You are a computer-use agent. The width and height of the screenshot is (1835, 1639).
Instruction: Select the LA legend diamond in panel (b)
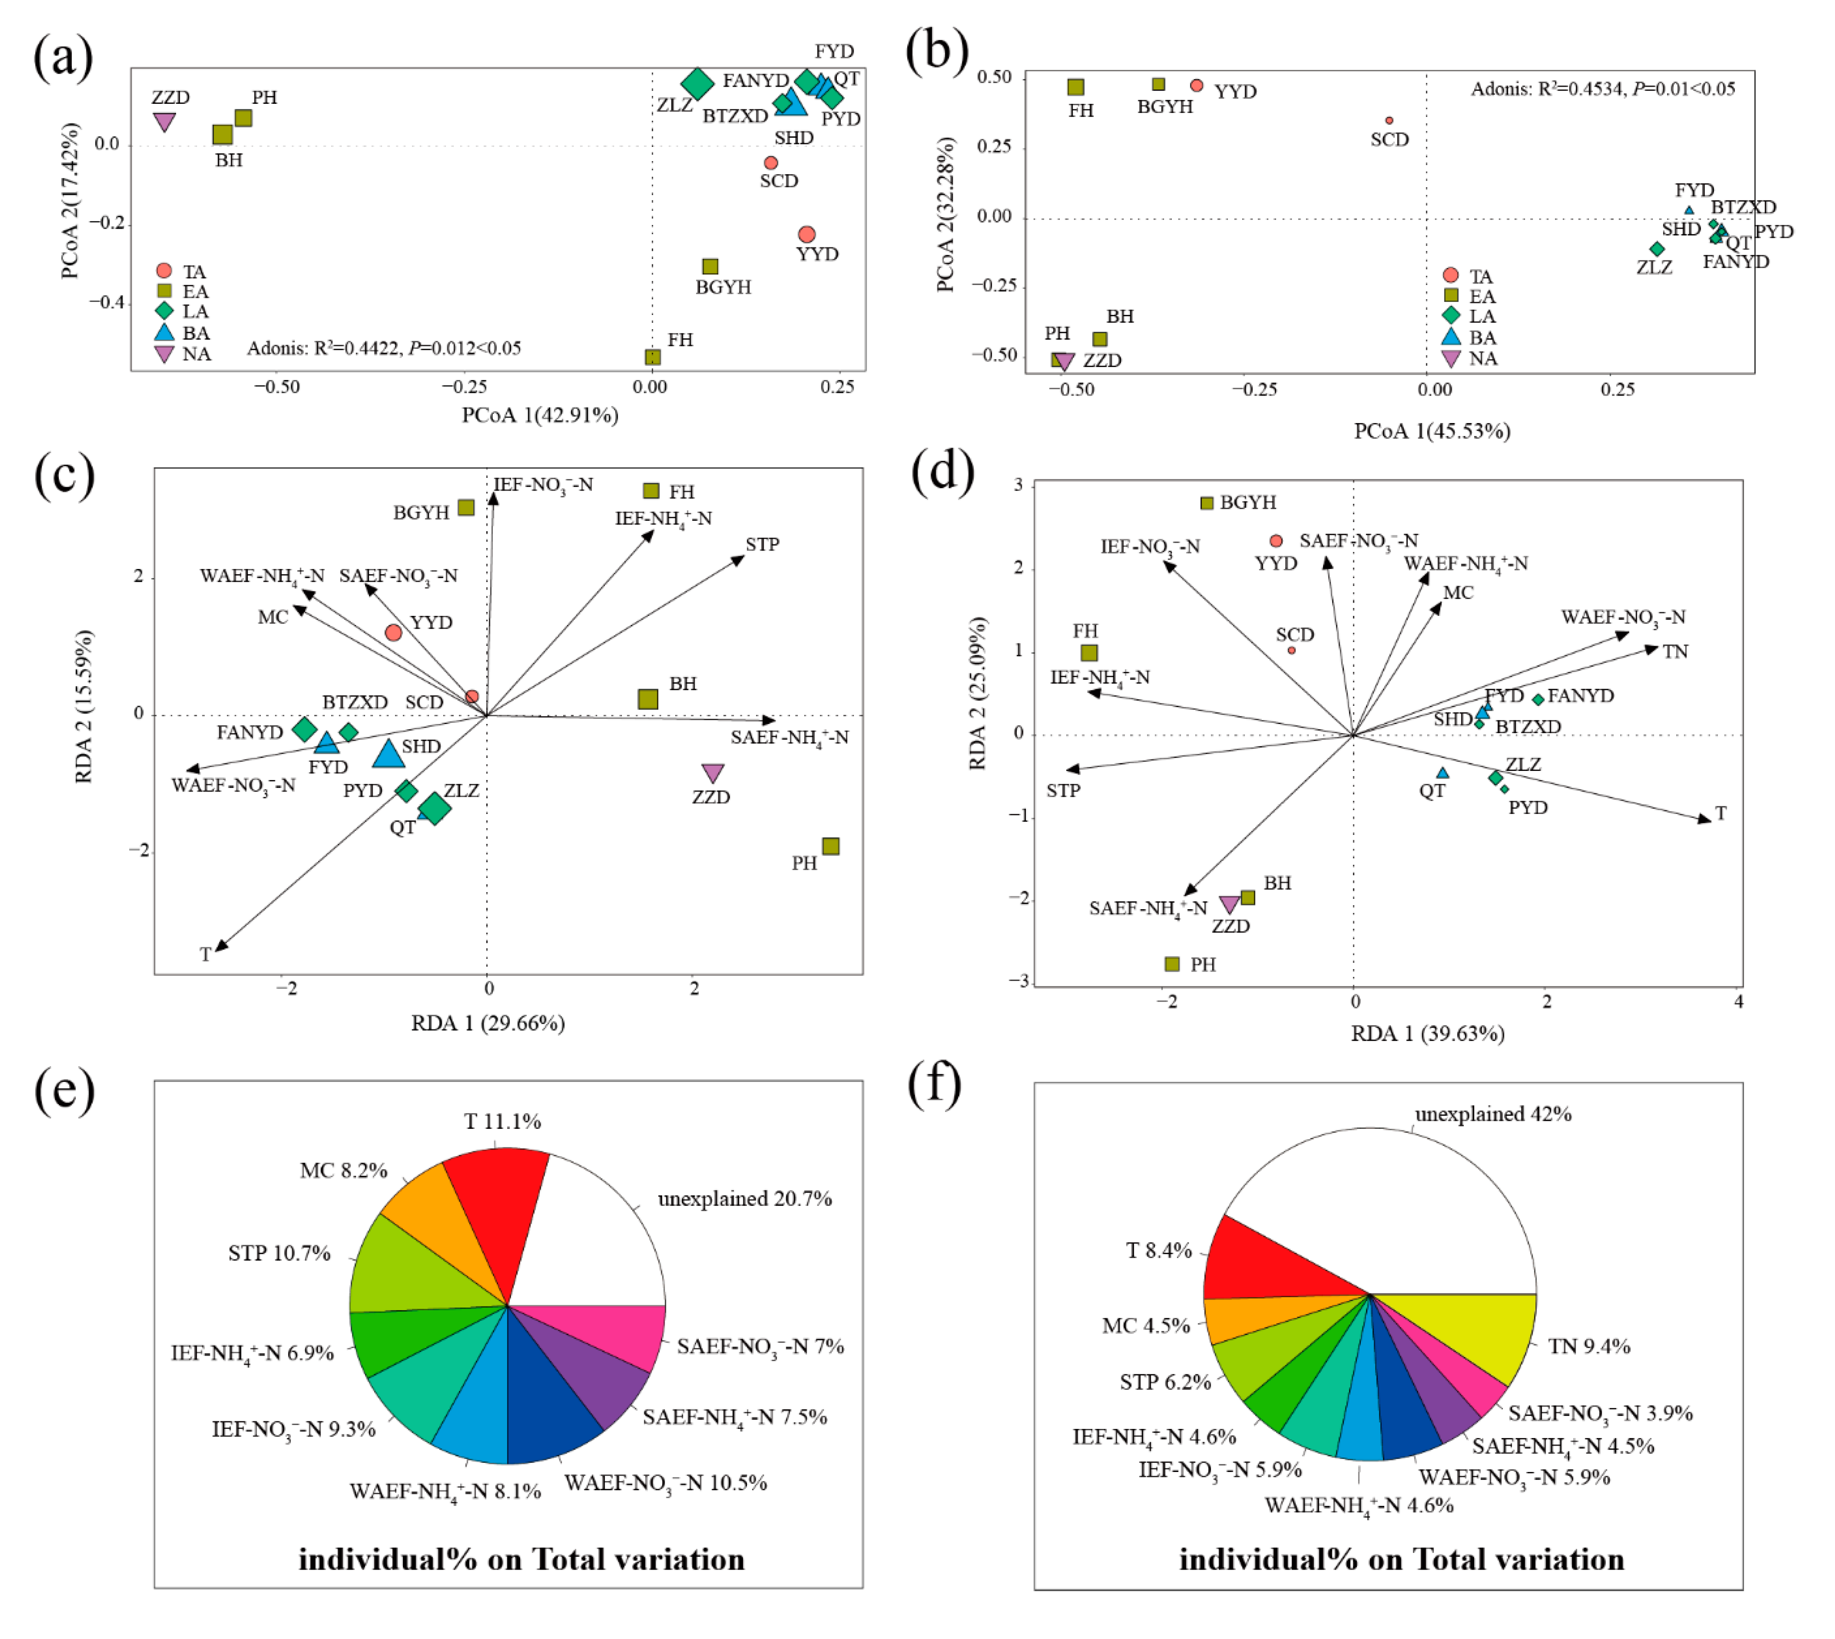(x=1450, y=315)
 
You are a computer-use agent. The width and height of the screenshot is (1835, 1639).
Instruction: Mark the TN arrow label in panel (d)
(x=1675, y=652)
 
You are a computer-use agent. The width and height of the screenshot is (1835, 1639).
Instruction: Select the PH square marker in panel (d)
(x=1171, y=964)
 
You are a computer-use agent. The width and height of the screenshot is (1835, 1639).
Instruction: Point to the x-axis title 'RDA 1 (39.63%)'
(x=1427, y=1034)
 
